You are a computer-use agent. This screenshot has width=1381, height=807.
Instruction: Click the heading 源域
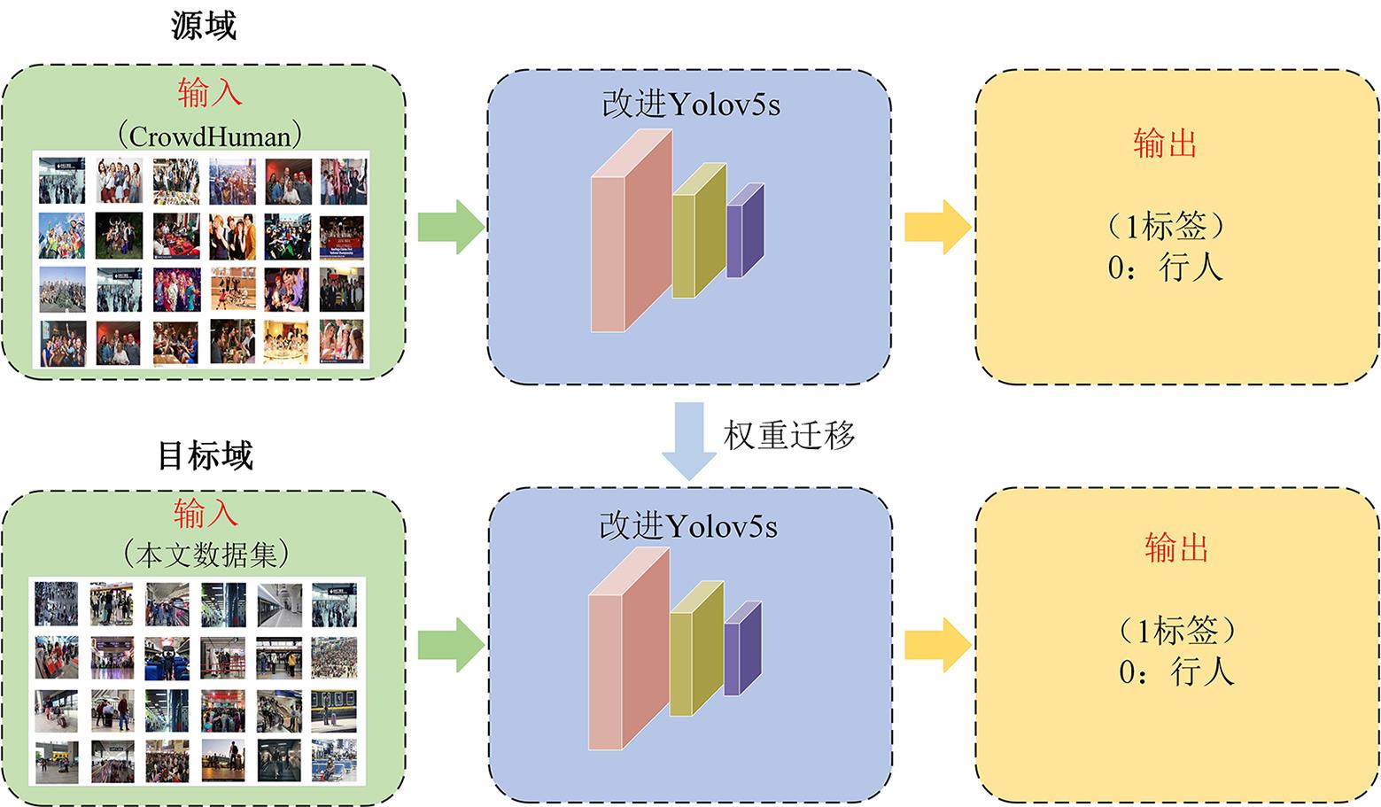(204, 26)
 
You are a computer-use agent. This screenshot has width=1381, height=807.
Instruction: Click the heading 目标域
(206, 455)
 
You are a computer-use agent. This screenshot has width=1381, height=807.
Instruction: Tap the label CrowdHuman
(209, 136)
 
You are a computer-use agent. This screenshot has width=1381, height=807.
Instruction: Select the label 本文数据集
(206, 555)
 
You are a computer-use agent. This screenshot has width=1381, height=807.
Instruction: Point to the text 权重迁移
(789, 435)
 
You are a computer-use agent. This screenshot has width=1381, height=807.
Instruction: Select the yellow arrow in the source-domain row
(938, 227)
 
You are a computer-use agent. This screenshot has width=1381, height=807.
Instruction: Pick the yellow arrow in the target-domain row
(938, 645)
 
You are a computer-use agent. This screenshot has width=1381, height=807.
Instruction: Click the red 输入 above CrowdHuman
(209, 93)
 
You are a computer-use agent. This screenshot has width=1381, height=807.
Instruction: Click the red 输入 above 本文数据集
(206, 513)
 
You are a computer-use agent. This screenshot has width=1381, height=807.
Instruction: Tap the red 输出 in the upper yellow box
(1165, 144)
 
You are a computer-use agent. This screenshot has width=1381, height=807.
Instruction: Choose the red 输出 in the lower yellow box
(1176, 548)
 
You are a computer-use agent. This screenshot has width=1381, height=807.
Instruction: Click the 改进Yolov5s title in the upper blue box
(691, 105)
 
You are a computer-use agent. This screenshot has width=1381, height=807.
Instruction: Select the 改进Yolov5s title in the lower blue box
(688, 526)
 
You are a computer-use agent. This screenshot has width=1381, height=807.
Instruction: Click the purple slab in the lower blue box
(742, 649)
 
